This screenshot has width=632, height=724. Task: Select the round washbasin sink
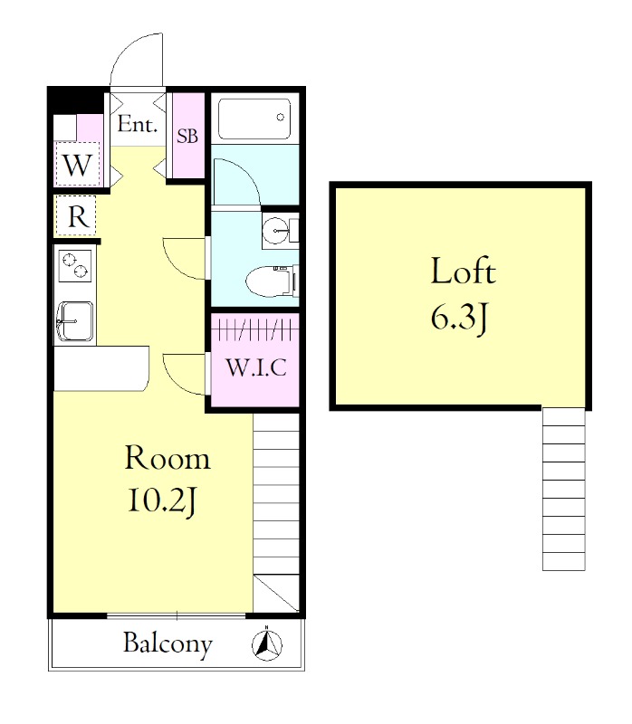tap(275, 230)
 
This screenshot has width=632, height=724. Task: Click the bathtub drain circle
tap(280, 118)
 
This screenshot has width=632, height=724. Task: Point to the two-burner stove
tap(74, 266)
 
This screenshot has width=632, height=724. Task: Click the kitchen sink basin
tap(75, 321)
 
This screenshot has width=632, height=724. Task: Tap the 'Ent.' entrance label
tap(138, 124)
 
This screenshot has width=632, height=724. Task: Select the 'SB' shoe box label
tap(187, 136)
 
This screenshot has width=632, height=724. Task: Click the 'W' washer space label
tap(77, 166)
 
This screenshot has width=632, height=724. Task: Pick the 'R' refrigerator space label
tap(78, 215)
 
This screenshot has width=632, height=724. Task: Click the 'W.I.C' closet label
tap(256, 367)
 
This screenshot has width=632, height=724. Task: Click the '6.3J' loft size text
tap(459, 319)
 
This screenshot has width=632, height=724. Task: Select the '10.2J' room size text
tap(162, 501)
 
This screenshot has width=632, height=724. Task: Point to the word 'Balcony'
tap(168, 643)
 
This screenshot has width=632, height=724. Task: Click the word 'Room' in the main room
tap(168, 458)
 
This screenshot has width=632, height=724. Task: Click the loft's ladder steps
tap(563, 489)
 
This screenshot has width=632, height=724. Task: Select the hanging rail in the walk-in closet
tap(255, 329)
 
